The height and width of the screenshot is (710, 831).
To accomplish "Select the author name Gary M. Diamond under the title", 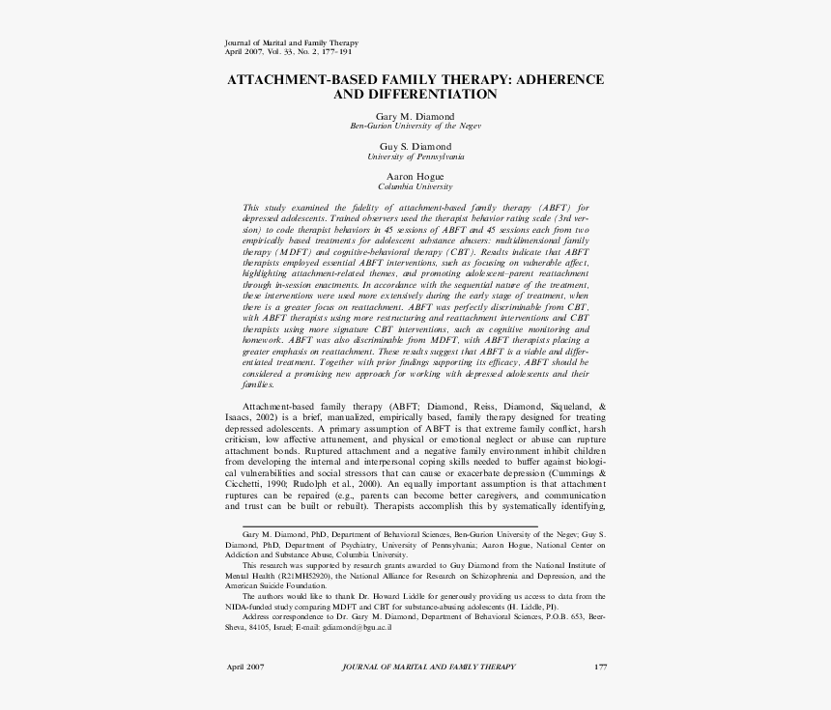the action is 415,116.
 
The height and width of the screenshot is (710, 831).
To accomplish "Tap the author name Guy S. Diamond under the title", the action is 415,146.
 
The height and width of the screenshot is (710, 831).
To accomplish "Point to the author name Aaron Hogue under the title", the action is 415,177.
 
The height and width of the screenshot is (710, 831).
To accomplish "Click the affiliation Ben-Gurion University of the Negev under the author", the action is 415,126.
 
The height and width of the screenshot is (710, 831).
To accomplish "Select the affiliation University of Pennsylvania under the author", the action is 415,156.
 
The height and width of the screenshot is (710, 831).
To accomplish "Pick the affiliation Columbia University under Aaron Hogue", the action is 415,186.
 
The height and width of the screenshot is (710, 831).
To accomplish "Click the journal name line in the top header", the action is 291,43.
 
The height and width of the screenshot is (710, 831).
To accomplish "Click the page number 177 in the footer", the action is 600,667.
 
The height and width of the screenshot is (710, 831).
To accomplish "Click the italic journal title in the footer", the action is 429,667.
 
